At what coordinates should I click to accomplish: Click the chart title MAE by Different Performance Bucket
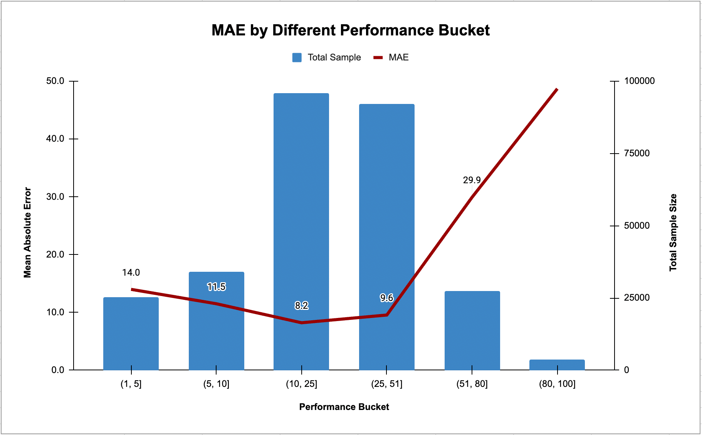[351, 30]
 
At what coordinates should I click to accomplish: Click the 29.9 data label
[472, 180]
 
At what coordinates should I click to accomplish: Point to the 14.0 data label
[131, 273]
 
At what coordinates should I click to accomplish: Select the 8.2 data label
[301, 306]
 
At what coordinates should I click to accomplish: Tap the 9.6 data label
[386, 298]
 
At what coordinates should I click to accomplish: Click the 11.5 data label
[216, 287]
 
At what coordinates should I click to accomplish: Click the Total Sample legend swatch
[297, 58]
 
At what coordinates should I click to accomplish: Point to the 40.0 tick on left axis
[55, 139]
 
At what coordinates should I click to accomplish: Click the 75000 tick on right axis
[637, 153]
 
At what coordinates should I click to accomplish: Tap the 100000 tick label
[639, 81]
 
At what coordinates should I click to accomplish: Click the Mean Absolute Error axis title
[27, 233]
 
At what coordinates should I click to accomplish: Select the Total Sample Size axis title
[673, 233]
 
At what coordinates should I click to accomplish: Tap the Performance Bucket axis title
[344, 407]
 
